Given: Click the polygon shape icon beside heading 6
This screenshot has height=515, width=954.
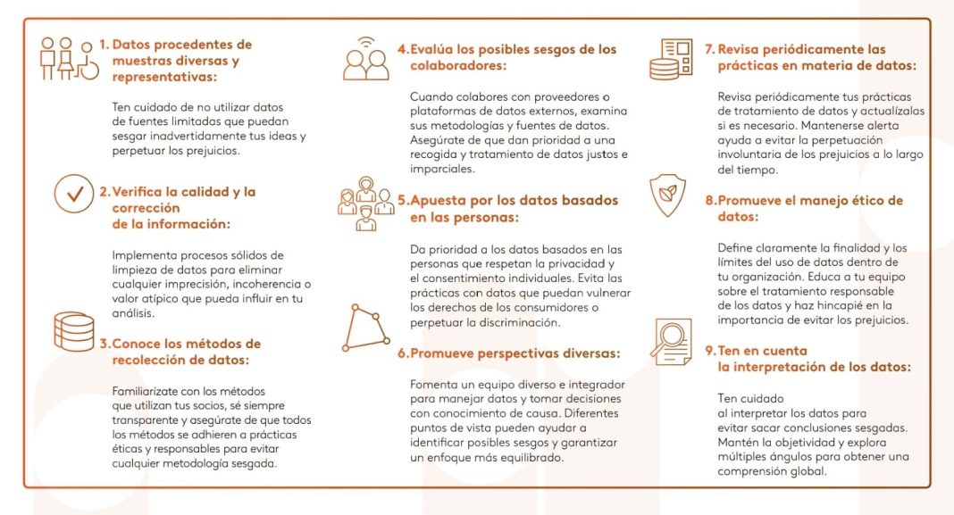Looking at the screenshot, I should pyautogui.click(x=366, y=328).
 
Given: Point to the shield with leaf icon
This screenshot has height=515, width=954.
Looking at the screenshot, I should pyautogui.click(x=668, y=198).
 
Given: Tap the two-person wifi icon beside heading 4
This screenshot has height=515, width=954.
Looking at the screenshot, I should pyautogui.click(x=366, y=59).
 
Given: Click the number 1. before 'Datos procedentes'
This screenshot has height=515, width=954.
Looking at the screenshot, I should pyautogui.click(x=105, y=45).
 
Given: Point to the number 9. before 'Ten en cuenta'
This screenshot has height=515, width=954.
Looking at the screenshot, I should pyautogui.click(x=711, y=351).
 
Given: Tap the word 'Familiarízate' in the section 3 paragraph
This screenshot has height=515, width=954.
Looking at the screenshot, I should pyautogui.click(x=149, y=391).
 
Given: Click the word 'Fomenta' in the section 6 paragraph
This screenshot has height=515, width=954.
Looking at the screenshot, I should pyautogui.click(x=435, y=384).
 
